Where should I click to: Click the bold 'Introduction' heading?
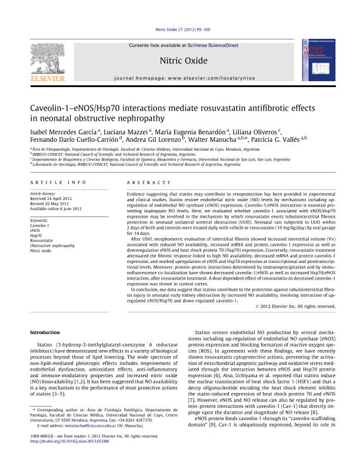[x=45, y=332]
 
